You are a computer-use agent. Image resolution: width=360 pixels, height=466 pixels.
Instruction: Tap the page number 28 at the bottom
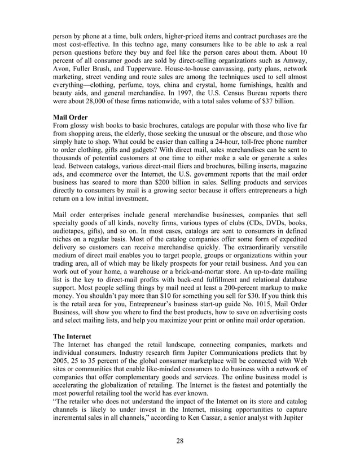(180, 441)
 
